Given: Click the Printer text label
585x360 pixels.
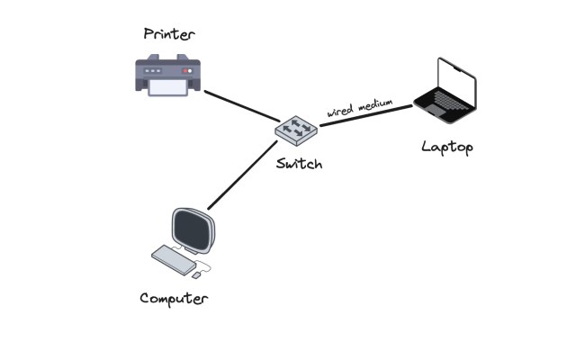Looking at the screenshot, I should click(168, 34).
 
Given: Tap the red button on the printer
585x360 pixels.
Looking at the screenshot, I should click(187, 69).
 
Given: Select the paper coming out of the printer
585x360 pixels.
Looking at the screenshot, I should click(168, 88).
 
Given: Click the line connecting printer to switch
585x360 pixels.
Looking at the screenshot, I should click(241, 105).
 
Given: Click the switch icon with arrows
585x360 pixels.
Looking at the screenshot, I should click(296, 130).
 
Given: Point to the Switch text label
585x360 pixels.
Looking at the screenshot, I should click(299, 165).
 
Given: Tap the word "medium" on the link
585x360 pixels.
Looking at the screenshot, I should click(375, 103).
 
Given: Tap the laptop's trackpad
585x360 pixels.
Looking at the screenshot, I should click(441, 111).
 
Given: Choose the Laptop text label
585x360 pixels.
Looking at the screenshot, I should click(446, 146).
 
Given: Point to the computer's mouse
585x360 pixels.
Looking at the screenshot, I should click(196, 274).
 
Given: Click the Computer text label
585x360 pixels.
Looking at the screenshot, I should click(174, 298).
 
